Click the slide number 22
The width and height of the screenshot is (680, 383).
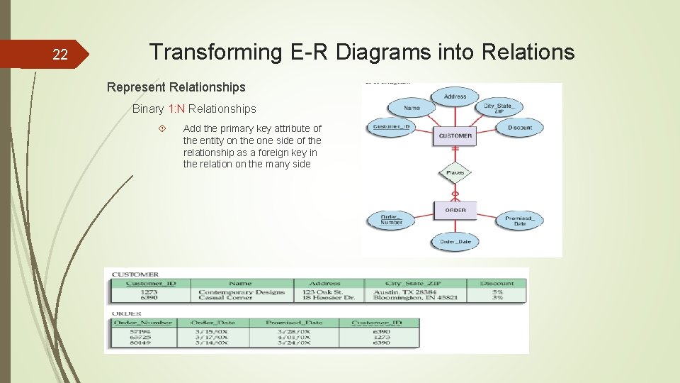pyautogui.click(x=61, y=55)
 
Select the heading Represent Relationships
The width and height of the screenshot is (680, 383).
pyautogui.click(x=176, y=87)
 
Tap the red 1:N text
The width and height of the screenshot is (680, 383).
pyautogui.click(x=177, y=109)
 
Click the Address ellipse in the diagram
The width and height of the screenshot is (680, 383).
pyautogui.click(x=455, y=96)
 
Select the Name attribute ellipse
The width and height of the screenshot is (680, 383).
pyautogui.click(x=412, y=108)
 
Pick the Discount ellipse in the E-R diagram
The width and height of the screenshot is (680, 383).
pyautogui.click(x=519, y=128)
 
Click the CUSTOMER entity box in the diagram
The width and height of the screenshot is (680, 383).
pyautogui.click(x=455, y=135)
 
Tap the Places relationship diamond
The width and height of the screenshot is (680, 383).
pyautogui.click(x=455, y=172)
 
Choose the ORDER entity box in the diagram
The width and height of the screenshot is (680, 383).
pyautogui.click(x=455, y=210)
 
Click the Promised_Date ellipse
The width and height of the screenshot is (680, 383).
pyautogui.click(x=520, y=220)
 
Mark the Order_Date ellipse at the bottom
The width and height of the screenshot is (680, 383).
pyautogui.click(x=455, y=242)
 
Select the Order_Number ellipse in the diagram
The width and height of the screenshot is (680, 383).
pyautogui.click(x=390, y=220)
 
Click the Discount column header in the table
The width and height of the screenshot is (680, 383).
pyautogui.click(x=497, y=284)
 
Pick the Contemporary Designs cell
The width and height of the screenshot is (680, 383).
pyautogui.click(x=241, y=292)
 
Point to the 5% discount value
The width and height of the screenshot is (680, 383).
pyautogui.click(x=497, y=292)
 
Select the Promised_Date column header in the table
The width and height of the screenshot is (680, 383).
pyautogui.click(x=293, y=323)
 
